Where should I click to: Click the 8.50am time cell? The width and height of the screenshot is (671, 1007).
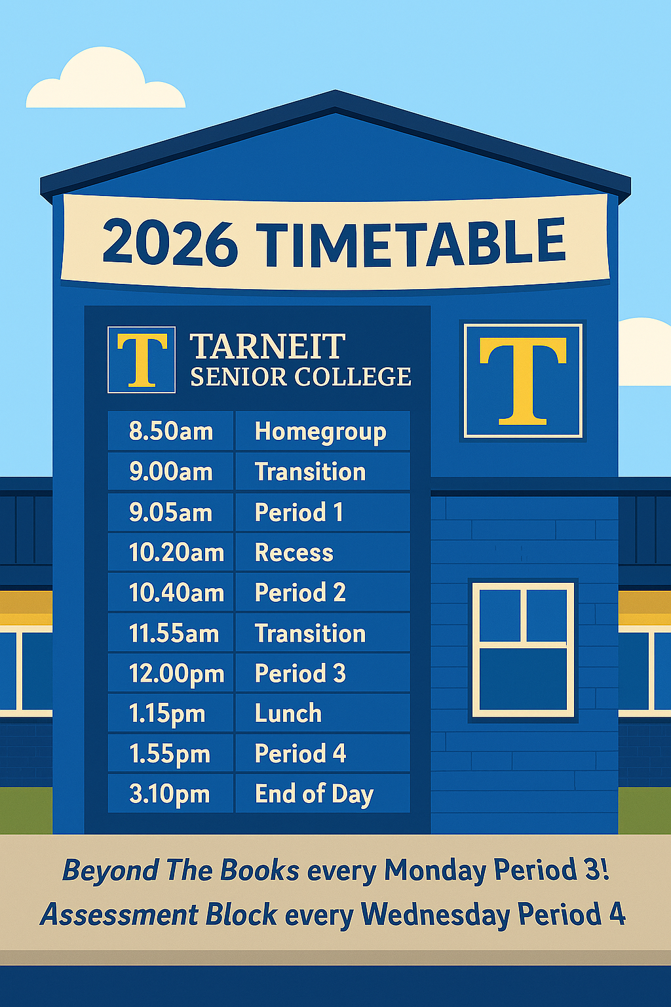(x=171, y=431)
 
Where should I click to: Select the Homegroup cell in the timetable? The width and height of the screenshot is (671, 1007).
(x=322, y=431)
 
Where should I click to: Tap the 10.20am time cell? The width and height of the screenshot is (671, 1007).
(x=171, y=552)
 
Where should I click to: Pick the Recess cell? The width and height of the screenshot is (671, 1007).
(x=322, y=552)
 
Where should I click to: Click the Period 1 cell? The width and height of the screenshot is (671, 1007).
(x=322, y=512)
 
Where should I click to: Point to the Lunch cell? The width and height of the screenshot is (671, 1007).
(x=322, y=713)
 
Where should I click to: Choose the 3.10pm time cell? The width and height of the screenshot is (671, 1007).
(x=171, y=794)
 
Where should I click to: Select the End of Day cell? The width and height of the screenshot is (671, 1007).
(x=322, y=794)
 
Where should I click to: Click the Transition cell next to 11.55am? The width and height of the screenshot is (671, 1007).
(x=322, y=633)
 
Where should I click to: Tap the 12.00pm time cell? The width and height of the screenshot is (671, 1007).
(x=171, y=673)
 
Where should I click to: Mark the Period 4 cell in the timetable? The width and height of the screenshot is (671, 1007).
(x=322, y=753)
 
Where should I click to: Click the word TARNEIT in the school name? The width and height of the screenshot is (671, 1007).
(x=268, y=346)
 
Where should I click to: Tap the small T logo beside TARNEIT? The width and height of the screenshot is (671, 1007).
(x=142, y=360)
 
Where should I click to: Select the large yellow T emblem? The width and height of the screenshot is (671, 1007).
(x=523, y=380)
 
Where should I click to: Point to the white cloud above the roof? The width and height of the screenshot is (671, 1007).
(x=105, y=79)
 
